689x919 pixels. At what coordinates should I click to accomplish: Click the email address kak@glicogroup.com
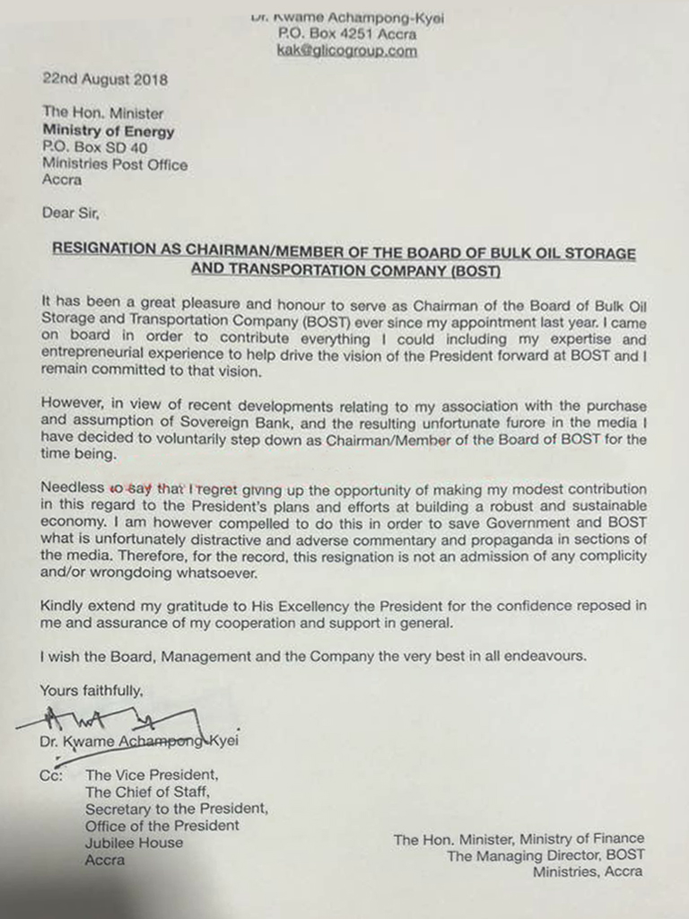click(348, 51)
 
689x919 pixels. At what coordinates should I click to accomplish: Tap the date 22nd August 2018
click(105, 79)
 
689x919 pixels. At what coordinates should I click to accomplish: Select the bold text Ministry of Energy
click(109, 132)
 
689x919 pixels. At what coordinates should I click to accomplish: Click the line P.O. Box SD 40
click(94, 148)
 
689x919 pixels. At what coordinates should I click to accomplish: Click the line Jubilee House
click(134, 843)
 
